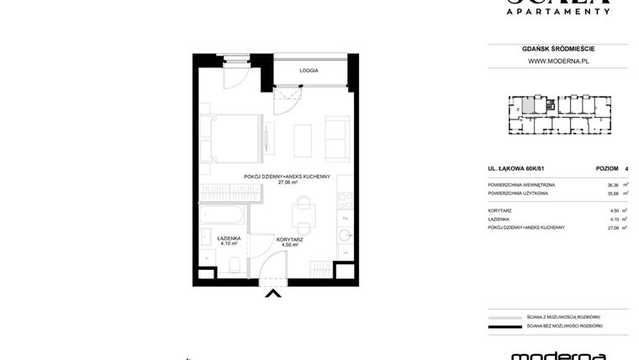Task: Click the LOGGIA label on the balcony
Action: [309, 71]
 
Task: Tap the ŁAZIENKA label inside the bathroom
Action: [229, 238]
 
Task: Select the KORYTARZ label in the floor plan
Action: [289, 239]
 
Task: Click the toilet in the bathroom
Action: [235, 265]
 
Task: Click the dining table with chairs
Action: [303, 214]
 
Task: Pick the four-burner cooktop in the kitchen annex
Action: [344, 202]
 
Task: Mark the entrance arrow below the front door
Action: [272, 293]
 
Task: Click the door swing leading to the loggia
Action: [290, 102]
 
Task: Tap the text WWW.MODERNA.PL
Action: [557, 61]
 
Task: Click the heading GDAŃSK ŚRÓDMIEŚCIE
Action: [557, 49]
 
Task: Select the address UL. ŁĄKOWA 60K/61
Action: [517, 168]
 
